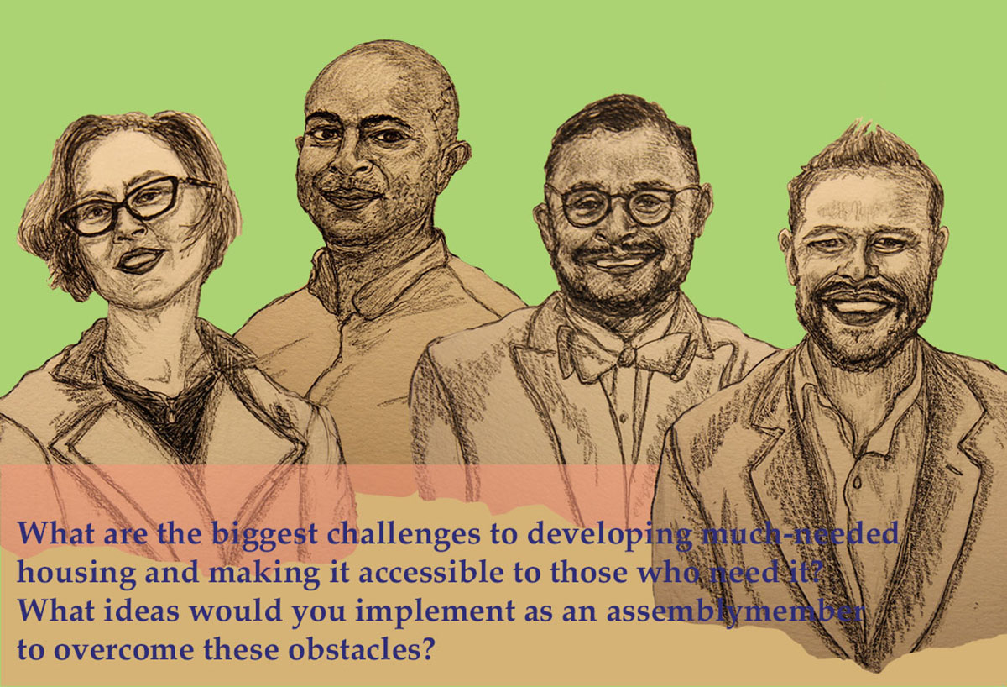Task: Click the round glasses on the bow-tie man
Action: click(620, 205)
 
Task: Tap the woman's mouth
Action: click(139, 260)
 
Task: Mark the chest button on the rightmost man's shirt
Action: click(857, 483)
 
